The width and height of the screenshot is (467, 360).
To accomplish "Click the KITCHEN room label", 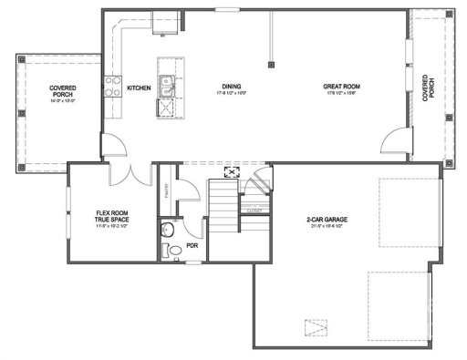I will point(139,87).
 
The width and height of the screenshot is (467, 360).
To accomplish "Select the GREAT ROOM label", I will point(342,87).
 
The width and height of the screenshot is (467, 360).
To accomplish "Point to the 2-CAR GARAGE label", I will point(328,220).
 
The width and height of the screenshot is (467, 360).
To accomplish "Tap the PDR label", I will point(192,245).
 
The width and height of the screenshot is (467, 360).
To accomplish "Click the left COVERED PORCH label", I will point(64,91).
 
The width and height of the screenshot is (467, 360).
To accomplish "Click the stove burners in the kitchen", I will point(116,87).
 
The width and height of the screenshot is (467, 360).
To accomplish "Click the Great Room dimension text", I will point(342,95).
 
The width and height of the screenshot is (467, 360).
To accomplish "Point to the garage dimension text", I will point(328,228).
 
